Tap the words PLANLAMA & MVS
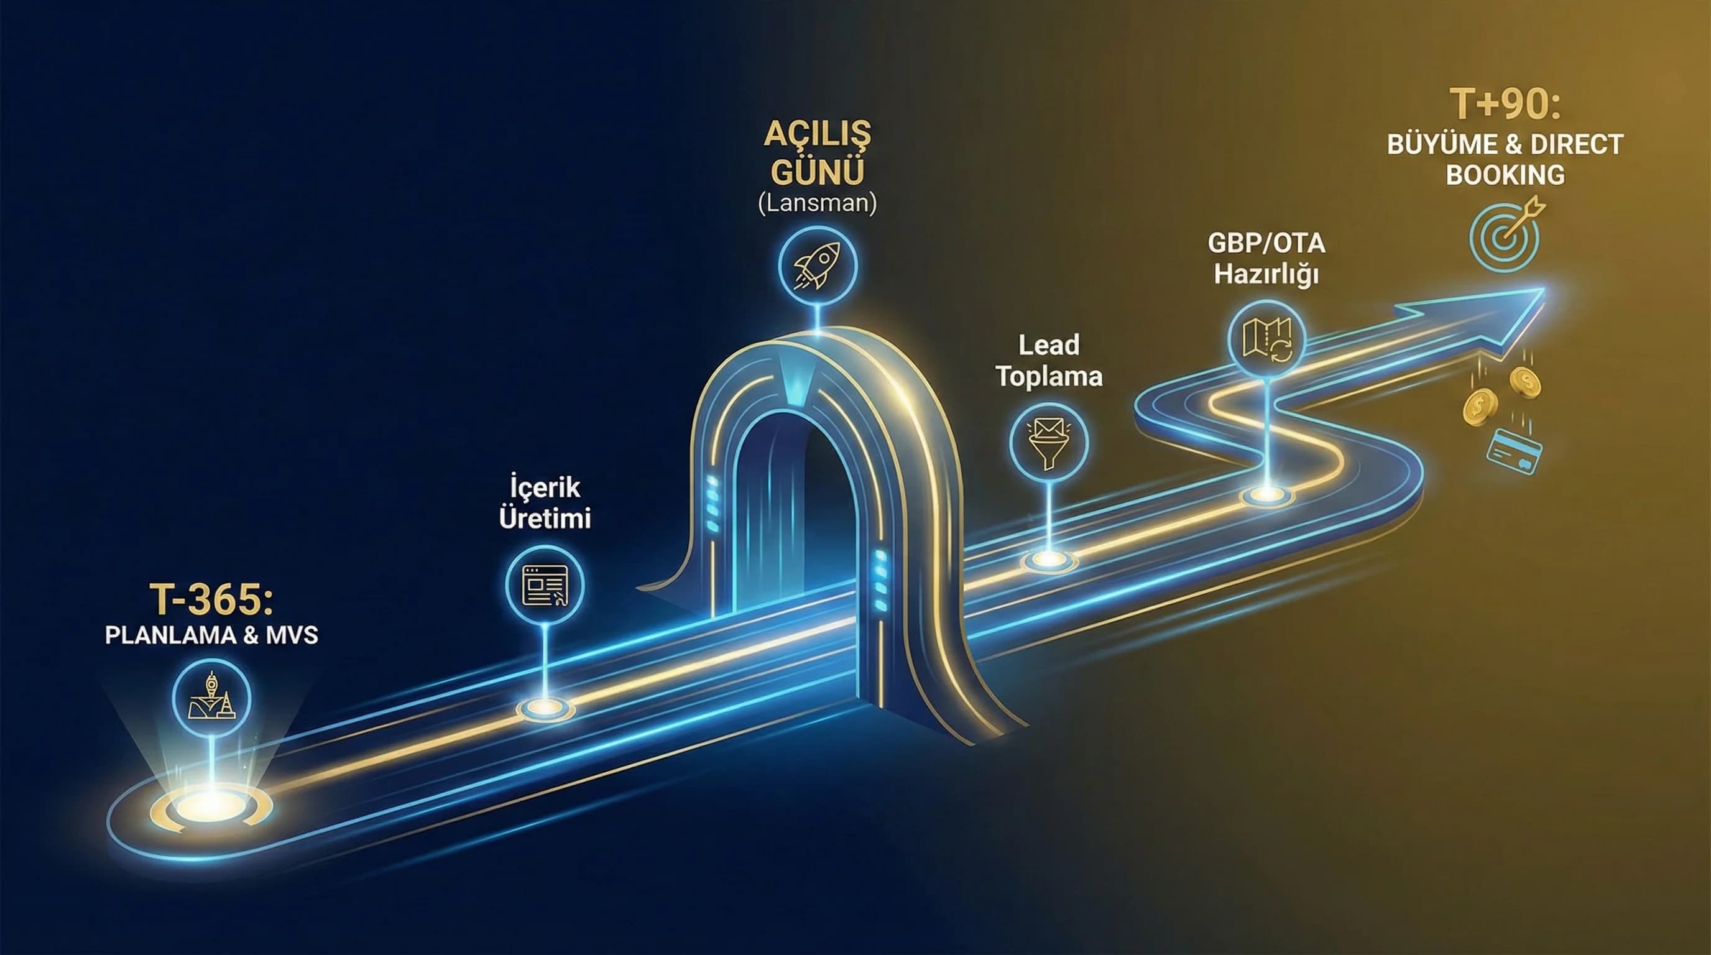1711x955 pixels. tap(211, 635)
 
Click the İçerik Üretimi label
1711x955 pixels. tap(545, 503)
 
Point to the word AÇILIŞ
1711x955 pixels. tap(817, 135)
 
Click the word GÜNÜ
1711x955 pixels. tap(817, 172)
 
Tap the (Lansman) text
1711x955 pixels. tap(817, 203)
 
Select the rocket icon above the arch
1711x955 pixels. tap(818, 265)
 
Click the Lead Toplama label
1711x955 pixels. tap(1049, 361)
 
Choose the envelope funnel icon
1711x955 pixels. tap(1048, 442)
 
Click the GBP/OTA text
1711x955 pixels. tap(1266, 244)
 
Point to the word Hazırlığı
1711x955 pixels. tap(1266, 274)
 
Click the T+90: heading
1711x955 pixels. tap(1505, 105)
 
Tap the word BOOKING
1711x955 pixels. tap(1505, 175)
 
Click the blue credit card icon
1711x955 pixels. tap(1514, 451)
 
